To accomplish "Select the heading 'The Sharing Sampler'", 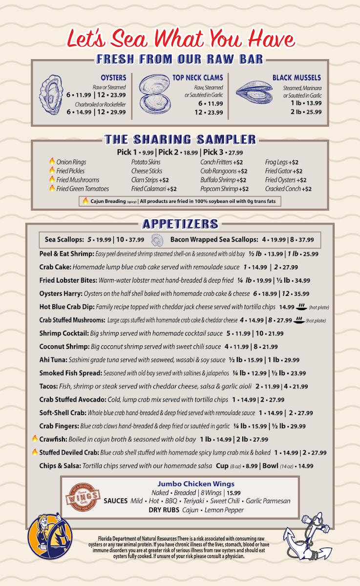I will pyautogui.click(x=180, y=140).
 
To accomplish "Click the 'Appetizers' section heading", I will pyautogui.click(x=180, y=224).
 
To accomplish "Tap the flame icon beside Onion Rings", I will pyautogui.click(x=52, y=162).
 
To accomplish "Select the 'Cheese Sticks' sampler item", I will pyautogui.click(x=147, y=171).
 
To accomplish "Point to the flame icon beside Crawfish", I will pyautogui.click(x=35, y=439).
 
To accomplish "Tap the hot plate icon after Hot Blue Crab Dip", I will pyautogui.click(x=301, y=307).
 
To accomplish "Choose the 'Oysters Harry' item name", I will pyautogui.click(x=61, y=294).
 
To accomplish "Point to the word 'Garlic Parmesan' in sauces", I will pyautogui.click(x=268, y=501).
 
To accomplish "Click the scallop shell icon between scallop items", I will pyautogui.click(x=158, y=240).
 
